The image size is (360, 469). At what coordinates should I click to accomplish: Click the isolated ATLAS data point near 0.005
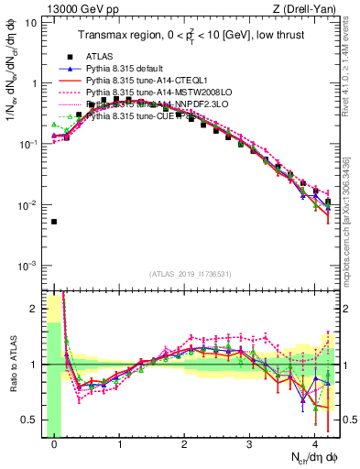tap(54, 222)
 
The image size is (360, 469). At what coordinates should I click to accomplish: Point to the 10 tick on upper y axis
tap(31, 22)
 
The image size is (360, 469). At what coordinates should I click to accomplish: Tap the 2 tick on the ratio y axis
tap(34, 309)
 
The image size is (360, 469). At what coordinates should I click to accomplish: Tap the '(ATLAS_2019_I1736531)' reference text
tap(191, 275)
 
